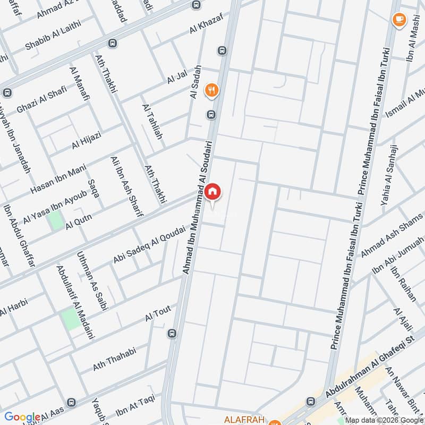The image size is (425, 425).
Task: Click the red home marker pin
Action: tap(212, 192)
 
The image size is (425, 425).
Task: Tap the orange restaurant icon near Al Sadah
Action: tap(212, 90)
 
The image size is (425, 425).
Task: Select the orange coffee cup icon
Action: tap(398, 19)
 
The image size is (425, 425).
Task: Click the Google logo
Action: tap(22, 417)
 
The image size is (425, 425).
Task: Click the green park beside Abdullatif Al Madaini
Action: tap(70, 319)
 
